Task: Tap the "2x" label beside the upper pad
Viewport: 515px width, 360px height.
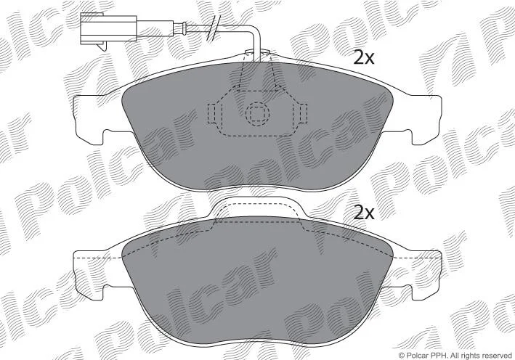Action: click(364, 58)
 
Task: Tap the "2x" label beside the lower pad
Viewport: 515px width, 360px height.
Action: click(364, 213)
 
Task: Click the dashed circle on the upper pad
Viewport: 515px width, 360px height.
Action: click(257, 113)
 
